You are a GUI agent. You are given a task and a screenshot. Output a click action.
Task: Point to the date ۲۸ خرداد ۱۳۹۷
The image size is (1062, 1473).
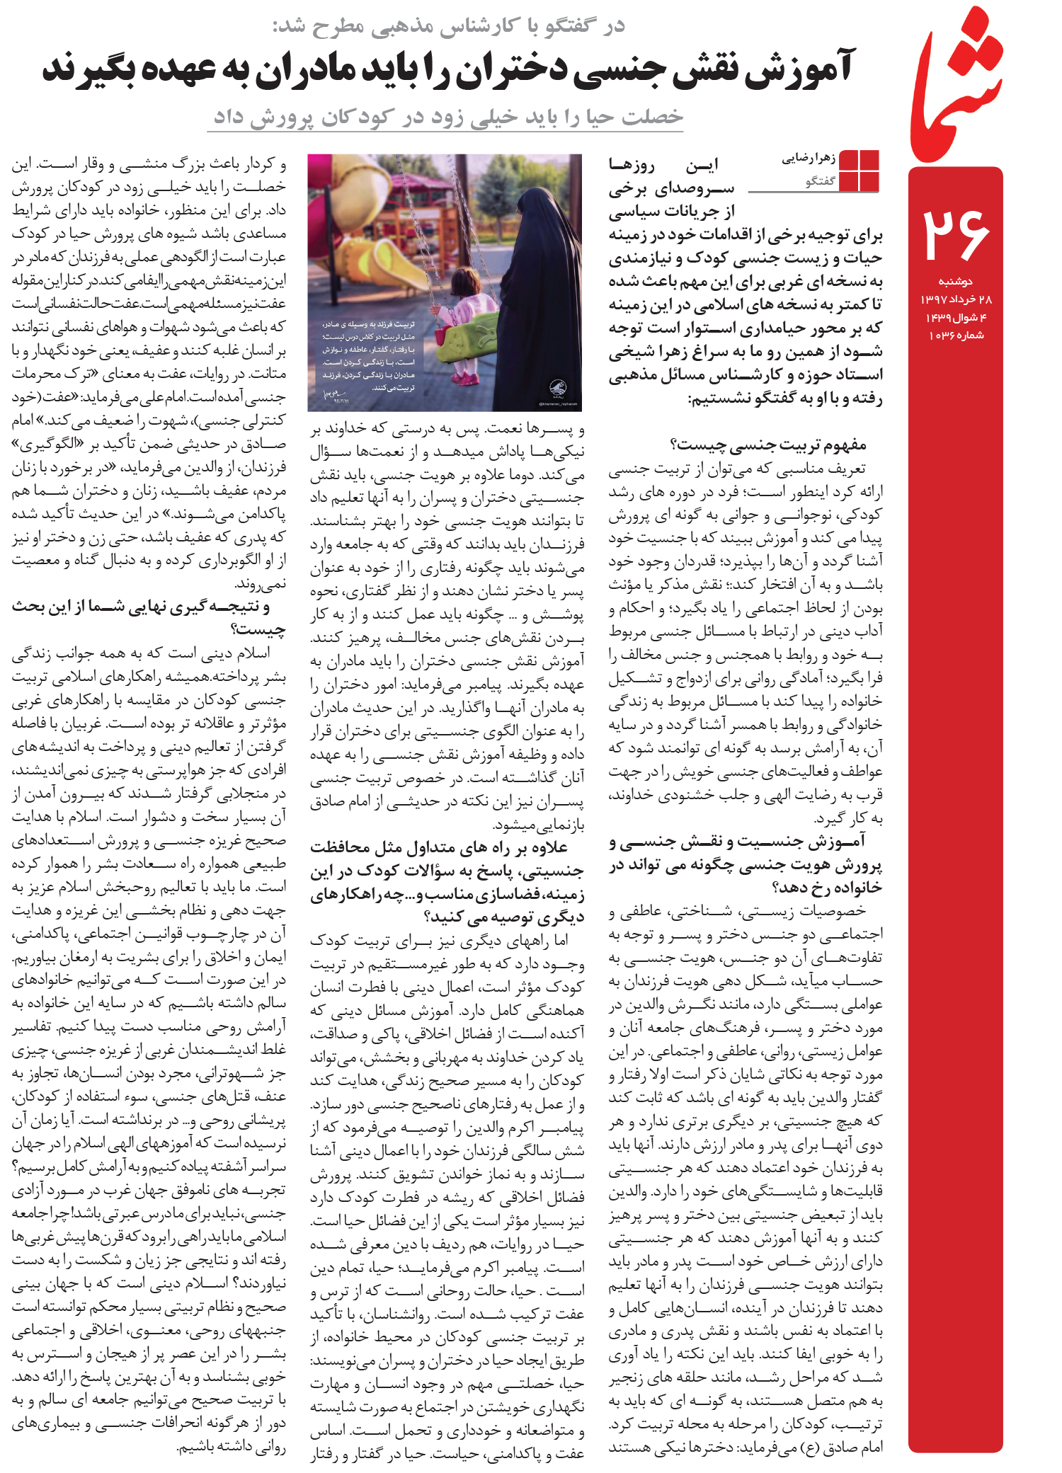(956, 299)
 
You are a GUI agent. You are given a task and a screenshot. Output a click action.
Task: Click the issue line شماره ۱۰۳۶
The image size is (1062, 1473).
(956, 336)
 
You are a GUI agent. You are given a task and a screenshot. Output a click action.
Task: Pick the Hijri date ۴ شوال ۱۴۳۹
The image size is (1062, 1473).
(956, 317)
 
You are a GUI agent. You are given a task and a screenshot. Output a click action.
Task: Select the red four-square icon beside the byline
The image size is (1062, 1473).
(859, 170)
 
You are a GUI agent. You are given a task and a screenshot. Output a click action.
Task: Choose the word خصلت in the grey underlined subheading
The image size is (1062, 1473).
(652, 116)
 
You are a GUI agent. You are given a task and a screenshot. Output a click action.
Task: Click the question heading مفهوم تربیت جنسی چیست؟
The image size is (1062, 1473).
(767, 445)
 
